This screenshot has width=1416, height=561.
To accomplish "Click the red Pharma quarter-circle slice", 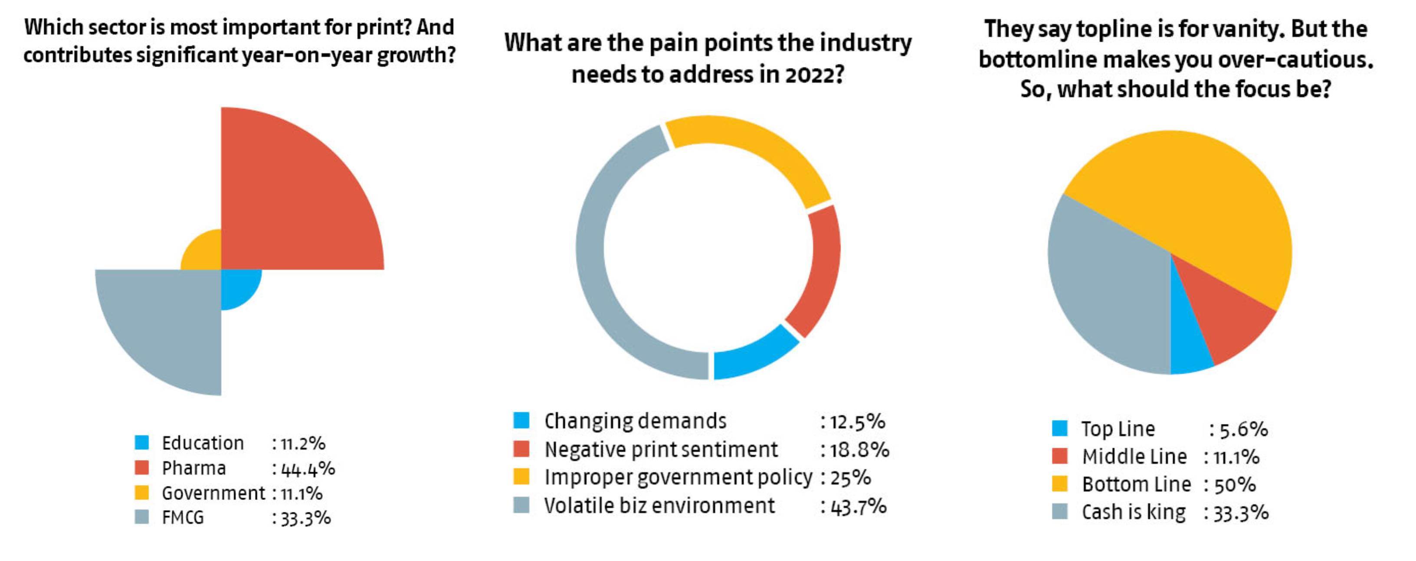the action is [286, 203].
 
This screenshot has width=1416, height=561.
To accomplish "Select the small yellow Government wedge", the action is [206, 255].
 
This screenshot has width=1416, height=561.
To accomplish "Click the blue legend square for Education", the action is [142, 442].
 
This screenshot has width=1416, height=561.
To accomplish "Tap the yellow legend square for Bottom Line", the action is [1060, 484].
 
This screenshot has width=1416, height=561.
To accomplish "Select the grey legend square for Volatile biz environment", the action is [521, 505].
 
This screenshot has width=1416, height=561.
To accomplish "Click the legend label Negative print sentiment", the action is [661, 450].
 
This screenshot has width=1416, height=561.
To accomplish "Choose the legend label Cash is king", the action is [1134, 512].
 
